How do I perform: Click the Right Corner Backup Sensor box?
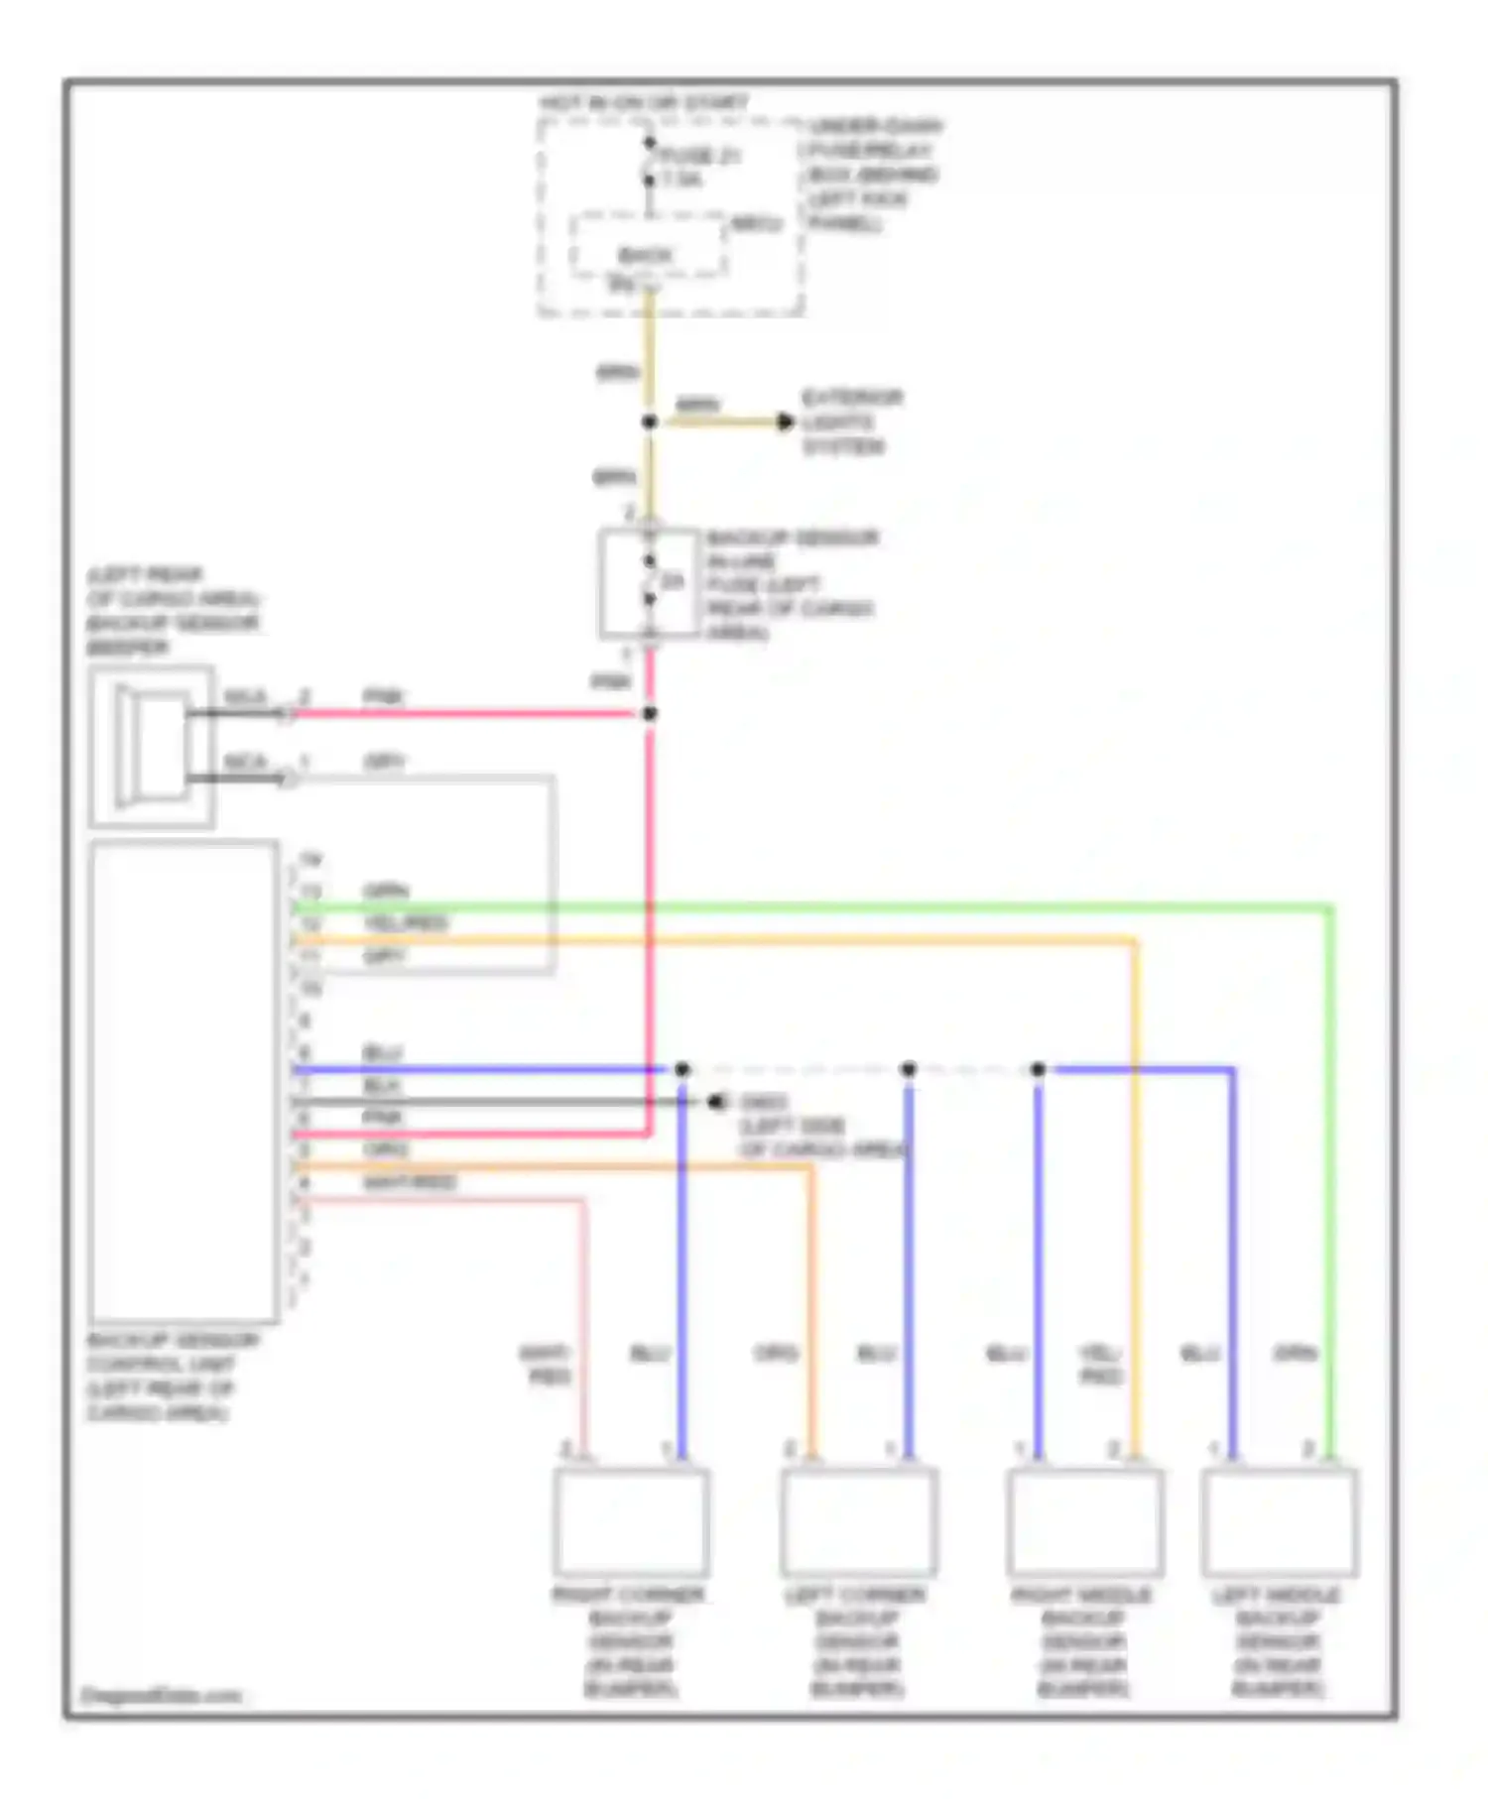click(631, 1521)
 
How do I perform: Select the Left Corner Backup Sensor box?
click(859, 1521)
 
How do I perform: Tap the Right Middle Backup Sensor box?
click(1085, 1521)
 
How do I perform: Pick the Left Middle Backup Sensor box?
click(1279, 1521)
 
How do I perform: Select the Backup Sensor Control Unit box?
click(184, 1081)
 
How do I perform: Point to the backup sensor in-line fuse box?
click(649, 582)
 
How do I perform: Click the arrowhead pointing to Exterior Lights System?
click(785, 422)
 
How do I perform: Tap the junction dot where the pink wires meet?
click(650, 714)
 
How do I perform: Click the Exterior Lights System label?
click(851, 422)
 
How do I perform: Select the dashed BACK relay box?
click(646, 248)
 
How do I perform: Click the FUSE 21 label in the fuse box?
click(701, 157)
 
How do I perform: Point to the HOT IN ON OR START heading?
click(645, 103)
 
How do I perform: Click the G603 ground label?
click(764, 1103)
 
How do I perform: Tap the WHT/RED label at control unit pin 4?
click(410, 1182)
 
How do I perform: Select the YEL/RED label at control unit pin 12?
click(406, 923)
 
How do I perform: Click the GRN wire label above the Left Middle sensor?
click(1295, 1353)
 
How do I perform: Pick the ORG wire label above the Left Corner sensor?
click(776, 1353)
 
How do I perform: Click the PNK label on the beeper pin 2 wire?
click(383, 697)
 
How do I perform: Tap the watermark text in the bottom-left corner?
click(161, 1695)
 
